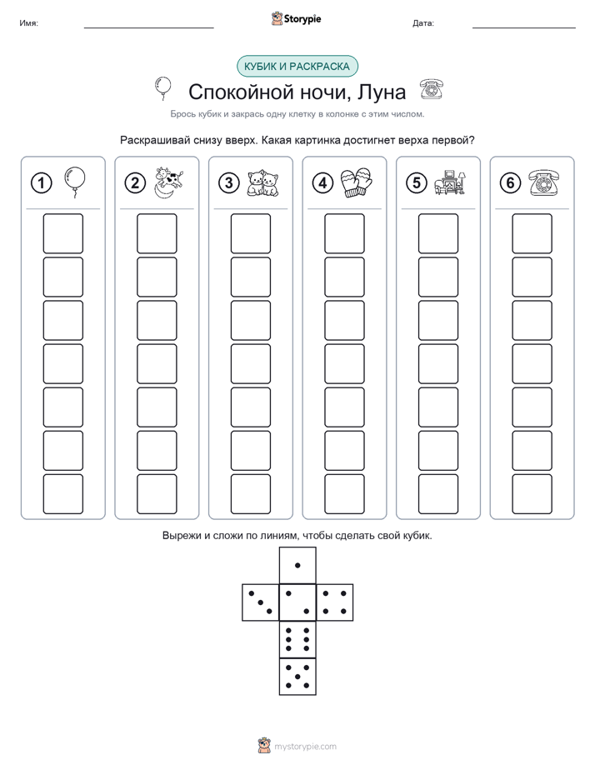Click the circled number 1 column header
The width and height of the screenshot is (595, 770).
tap(41, 183)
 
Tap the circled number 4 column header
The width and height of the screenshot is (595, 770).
tap(322, 183)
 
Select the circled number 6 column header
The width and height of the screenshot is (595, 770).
tap(510, 183)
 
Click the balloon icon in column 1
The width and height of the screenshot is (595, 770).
tap(75, 182)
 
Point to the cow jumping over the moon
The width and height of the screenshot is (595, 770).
tap(168, 182)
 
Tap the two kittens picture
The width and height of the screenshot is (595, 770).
tap(262, 183)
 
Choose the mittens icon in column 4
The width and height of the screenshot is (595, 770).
tap(357, 182)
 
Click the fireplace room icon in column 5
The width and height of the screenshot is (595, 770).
tap(450, 182)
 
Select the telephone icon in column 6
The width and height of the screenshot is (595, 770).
tap(544, 182)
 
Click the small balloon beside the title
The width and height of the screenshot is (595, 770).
tap(163, 88)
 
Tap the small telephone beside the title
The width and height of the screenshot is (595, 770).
tap(432, 89)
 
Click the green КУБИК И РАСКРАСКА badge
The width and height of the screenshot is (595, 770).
tap(297, 67)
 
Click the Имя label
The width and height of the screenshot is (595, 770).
tap(28, 23)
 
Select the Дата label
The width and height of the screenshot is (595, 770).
tap(423, 23)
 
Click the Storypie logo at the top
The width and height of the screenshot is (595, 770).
tap(297, 18)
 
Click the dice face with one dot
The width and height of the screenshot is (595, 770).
tap(297, 565)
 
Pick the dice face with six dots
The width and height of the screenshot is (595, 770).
tap(297, 639)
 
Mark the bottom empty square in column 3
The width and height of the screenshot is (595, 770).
tap(251, 494)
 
